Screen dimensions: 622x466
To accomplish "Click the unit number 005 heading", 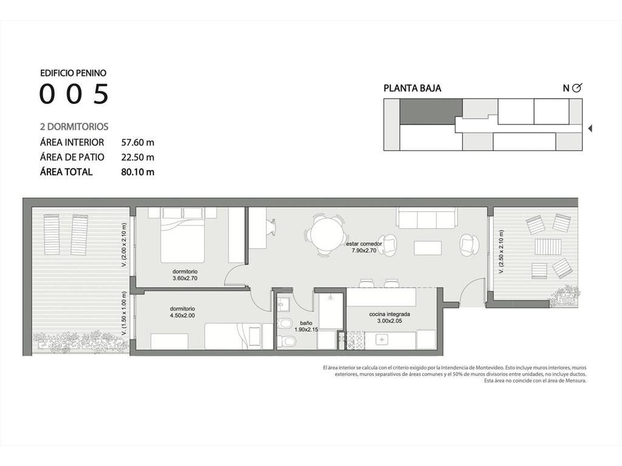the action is point(74,94).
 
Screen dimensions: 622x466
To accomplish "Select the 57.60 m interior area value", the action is point(138,142).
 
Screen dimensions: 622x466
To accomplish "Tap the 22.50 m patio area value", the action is point(138,157).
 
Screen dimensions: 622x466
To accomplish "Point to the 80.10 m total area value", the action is point(138,172).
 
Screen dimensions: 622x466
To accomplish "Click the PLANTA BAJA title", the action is point(412,89).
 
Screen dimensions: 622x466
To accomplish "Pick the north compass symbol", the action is point(577,88).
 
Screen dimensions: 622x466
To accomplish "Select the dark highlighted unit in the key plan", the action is point(431,111).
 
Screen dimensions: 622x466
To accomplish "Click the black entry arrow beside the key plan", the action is point(590,129).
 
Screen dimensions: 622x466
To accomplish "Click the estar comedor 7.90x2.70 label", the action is point(364,247).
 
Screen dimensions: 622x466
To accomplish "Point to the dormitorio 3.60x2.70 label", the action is point(185,275).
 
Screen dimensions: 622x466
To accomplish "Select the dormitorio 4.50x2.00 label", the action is point(182,312).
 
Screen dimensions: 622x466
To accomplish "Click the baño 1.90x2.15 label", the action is point(306,326).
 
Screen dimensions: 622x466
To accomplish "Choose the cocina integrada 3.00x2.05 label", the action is point(389,317).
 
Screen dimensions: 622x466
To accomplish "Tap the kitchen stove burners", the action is point(355,340).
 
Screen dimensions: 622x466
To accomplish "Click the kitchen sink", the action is point(382,340).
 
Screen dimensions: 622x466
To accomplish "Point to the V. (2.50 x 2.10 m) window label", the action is point(501,252).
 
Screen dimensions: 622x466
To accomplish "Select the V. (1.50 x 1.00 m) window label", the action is point(124,314).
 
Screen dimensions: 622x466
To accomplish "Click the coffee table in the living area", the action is point(428,248).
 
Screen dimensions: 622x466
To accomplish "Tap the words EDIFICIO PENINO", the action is point(73,73).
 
